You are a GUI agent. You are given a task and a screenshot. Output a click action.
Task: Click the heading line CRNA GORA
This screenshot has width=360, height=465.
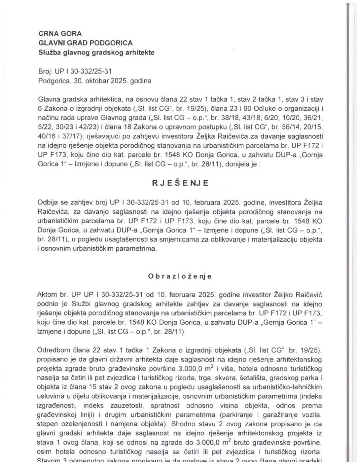click(60, 33)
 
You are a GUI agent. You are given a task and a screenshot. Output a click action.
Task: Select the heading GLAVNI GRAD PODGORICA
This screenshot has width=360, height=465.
click(86, 43)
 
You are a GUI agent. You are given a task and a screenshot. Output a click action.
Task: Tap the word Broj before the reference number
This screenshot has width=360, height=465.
click(45, 71)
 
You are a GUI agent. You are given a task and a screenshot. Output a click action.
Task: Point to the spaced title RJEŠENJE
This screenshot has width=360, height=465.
click(180, 184)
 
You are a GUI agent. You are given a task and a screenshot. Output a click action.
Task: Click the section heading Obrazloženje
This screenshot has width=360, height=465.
click(180, 276)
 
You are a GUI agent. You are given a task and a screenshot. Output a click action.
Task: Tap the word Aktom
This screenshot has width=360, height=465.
click(48, 294)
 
